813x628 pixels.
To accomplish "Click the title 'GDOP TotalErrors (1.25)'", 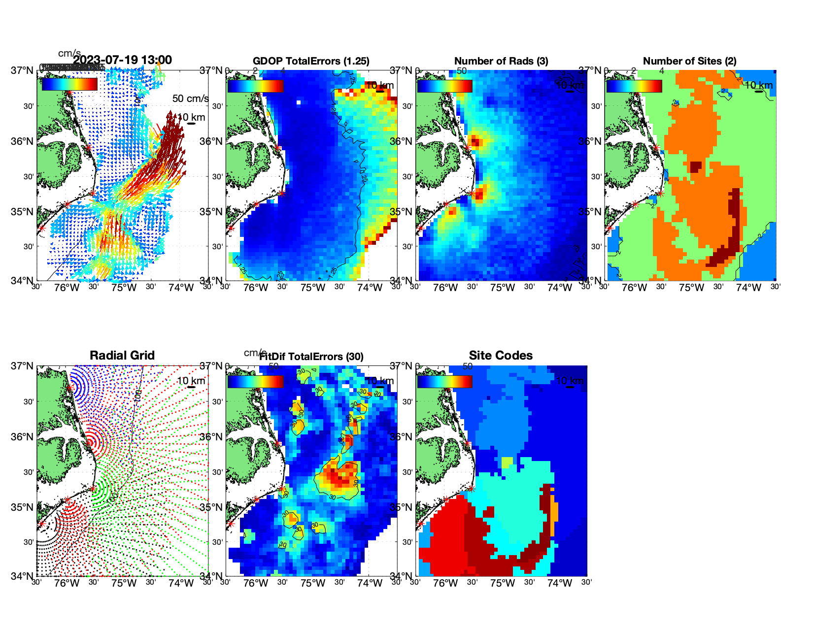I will tap(311, 61).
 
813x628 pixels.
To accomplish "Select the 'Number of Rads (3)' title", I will tap(501, 61).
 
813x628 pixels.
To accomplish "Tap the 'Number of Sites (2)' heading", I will tap(689, 61).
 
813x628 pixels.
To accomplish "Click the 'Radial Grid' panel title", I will tap(122, 356).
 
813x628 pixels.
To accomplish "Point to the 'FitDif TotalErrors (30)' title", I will tap(311, 357).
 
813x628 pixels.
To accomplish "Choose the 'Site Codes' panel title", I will tap(501, 356).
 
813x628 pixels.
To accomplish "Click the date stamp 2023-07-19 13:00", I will tap(122, 60).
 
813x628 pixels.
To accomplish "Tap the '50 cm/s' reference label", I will tap(190, 99).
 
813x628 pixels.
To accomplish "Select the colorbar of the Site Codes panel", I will tap(444, 381).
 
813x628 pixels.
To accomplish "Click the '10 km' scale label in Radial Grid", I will tap(191, 381).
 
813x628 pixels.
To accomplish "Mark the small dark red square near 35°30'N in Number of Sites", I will tap(695, 166).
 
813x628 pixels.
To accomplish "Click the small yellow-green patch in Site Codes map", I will tap(507, 463).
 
